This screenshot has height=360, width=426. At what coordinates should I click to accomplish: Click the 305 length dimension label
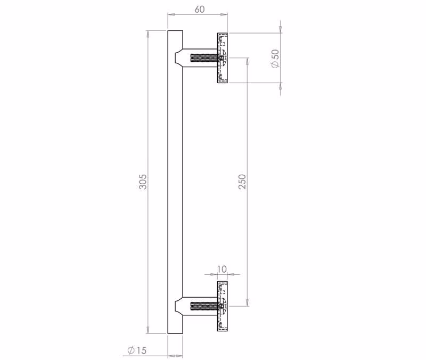point(143,182)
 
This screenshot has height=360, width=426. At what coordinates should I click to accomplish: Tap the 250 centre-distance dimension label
point(242,182)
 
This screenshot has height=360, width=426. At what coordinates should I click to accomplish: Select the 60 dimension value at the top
point(200,9)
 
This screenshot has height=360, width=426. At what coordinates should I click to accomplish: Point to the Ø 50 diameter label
point(275,59)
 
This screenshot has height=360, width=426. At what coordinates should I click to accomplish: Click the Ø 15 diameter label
point(137,350)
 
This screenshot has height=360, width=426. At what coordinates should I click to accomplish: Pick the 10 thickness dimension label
point(222,269)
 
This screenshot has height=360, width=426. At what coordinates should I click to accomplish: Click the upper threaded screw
point(204,58)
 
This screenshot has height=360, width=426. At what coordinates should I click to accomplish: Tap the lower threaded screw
point(204,306)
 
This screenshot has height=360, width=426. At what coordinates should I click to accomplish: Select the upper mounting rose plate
point(222,58)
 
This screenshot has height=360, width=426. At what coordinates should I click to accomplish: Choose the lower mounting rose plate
point(222,306)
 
